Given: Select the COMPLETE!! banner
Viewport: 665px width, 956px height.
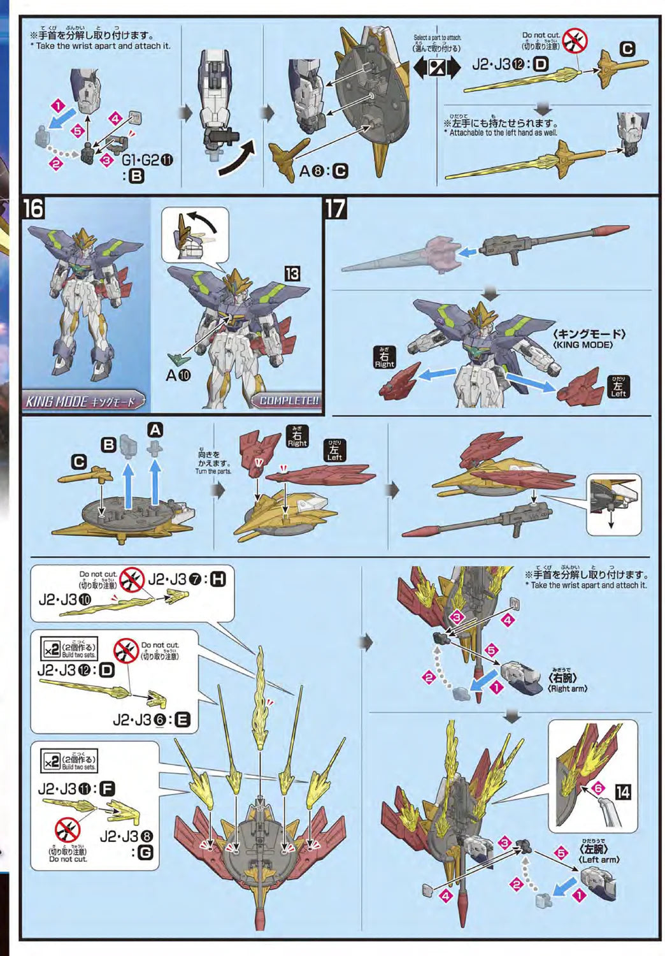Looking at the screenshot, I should [289, 400].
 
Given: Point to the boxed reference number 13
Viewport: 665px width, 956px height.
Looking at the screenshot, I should [292, 274].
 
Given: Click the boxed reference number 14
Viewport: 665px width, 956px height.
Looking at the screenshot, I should [622, 792].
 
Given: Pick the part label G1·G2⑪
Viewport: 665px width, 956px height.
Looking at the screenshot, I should [147, 160].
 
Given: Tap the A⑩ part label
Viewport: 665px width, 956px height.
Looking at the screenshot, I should [178, 375].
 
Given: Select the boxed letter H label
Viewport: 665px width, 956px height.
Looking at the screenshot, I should [217, 579].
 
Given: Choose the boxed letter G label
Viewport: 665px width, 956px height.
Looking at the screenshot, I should [145, 852].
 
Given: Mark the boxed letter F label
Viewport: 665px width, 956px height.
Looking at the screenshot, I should [107, 788].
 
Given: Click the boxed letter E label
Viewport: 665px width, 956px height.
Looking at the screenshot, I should [182, 720].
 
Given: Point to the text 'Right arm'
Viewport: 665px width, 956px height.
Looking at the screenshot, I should [567, 688].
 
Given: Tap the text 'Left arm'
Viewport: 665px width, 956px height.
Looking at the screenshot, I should [599, 859].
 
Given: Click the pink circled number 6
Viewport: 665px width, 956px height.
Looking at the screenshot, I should [597, 788].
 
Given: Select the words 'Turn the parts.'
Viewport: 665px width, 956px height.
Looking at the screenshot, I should [213, 471].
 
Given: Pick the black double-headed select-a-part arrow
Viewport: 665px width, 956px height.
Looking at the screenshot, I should [436, 68].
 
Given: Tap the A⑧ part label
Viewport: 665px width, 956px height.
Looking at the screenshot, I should [315, 171].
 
